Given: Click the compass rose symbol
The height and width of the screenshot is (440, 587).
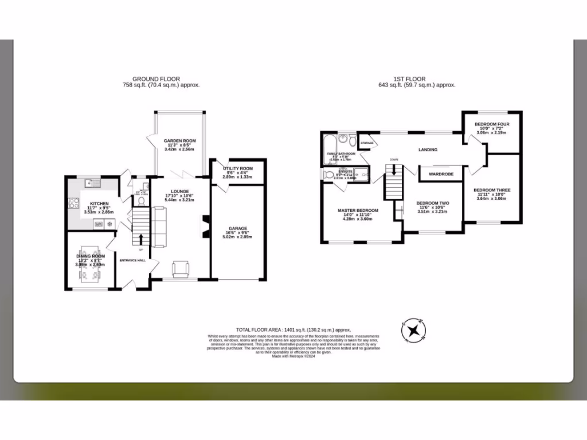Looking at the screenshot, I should pyautogui.click(x=414, y=331).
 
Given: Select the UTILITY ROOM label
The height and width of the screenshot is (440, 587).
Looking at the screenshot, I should pyautogui.click(x=237, y=168).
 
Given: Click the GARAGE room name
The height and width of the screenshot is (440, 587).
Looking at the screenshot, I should pyautogui.click(x=238, y=228).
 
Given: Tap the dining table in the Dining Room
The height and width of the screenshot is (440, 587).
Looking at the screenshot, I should pyautogui.click(x=91, y=264).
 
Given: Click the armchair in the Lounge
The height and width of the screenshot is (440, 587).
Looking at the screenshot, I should pyautogui.click(x=181, y=268).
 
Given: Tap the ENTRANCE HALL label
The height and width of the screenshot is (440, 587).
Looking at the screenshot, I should pyautogui.click(x=132, y=261).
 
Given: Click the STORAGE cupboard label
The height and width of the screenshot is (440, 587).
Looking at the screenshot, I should pyautogui.click(x=367, y=143).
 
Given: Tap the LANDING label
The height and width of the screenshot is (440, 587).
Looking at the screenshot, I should pyautogui.click(x=428, y=150).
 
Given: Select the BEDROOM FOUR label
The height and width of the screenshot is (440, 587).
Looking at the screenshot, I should pyautogui.click(x=492, y=124).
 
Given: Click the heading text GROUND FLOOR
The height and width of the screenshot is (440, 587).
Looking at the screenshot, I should pyautogui.click(x=156, y=79).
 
